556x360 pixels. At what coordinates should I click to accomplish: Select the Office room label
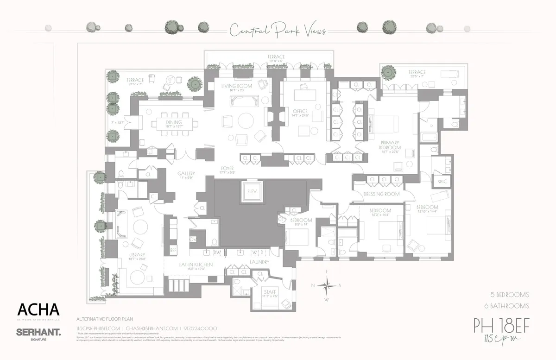300,112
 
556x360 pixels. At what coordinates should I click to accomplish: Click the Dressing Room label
381,194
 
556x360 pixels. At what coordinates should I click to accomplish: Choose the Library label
137,255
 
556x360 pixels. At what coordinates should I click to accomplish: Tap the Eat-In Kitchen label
196,265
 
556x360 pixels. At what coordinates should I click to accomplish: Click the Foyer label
227,168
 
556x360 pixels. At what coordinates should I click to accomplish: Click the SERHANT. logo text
38,332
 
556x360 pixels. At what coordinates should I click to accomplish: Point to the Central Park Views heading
278,31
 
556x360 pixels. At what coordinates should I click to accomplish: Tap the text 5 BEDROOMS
510,295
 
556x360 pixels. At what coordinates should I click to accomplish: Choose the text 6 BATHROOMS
510,306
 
